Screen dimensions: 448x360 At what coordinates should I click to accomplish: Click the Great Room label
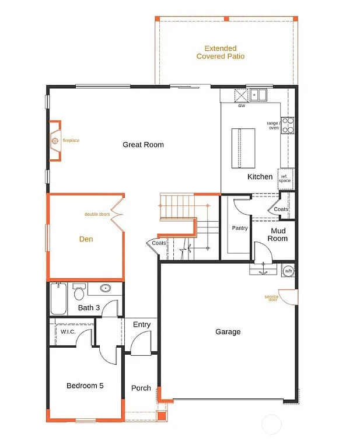[x=143, y=145]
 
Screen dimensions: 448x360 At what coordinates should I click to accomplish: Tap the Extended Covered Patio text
[x=221, y=52]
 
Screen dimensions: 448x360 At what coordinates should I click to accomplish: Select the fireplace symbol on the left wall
[x=55, y=141]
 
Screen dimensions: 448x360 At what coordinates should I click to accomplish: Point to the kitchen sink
[x=256, y=94]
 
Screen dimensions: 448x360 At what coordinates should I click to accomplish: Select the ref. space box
[x=285, y=178]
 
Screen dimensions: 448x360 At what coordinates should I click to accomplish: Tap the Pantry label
[x=240, y=228]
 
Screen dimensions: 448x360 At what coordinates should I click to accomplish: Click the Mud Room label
[x=278, y=235]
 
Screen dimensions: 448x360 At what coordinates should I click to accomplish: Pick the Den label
[x=86, y=239]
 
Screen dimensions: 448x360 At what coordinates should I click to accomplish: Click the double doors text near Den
[x=97, y=215]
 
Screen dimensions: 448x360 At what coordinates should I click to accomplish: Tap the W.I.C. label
[x=68, y=332]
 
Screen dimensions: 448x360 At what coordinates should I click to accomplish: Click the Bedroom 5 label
[x=85, y=386]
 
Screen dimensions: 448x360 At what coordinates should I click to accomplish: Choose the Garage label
[x=228, y=332]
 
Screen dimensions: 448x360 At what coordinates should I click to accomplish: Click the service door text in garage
[x=271, y=297]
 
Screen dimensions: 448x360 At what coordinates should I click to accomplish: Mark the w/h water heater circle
[x=288, y=271]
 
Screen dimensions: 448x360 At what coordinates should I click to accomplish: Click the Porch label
[x=141, y=388]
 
